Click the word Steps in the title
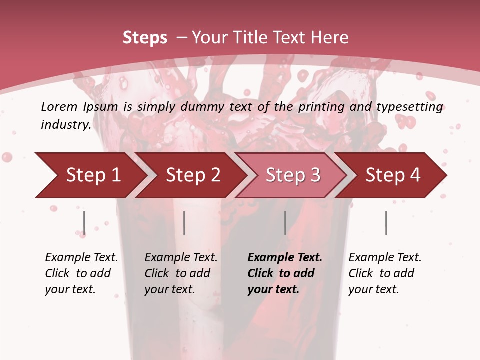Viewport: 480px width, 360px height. pyautogui.click(x=145, y=38)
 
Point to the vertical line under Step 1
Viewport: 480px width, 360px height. pyautogui.click(x=84, y=223)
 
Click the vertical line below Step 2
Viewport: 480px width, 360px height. pyautogui.click(x=184, y=223)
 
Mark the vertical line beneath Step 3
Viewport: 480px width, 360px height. pyautogui.click(x=285, y=223)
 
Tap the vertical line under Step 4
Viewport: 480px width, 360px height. pyautogui.click(x=386, y=223)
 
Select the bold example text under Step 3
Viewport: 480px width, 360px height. pyautogui.click(x=285, y=273)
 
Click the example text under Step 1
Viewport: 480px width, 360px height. pyautogui.click(x=81, y=273)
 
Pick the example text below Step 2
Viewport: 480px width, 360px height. pyautogui.click(x=181, y=273)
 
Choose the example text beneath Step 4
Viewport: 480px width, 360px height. pyautogui.click(x=385, y=273)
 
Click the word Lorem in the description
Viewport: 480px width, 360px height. pyautogui.click(x=59, y=106)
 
